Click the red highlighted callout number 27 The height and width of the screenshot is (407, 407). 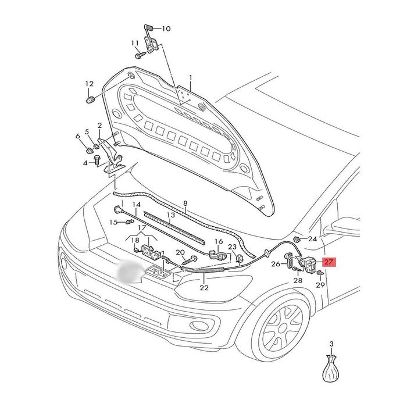tap(329, 262)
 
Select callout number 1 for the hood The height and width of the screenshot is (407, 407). tap(190, 77)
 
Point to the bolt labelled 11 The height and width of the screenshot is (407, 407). tap(140, 56)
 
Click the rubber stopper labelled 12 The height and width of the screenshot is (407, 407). tap(90, 101)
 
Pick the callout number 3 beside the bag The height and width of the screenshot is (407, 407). tap(331, 344)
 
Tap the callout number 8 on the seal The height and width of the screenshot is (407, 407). tap(185, 203)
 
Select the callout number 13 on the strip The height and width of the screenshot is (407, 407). tap(170, 216)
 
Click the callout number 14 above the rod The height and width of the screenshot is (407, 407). tap(136, 205)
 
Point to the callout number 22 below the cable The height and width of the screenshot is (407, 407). tap(204, 287)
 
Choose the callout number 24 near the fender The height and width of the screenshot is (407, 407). tap(312, 239)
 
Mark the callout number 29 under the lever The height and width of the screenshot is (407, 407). tap(319, 285)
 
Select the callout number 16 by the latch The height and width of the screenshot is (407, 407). tap(219, 241)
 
